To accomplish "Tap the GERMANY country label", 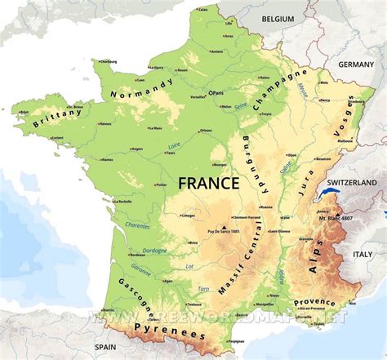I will [x=356, y=64].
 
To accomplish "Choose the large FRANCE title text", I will [x=209, y=183].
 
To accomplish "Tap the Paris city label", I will [x=219, y=93].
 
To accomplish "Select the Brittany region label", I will [x=57, y=113].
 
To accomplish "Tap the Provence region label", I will [x=315, y=301].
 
